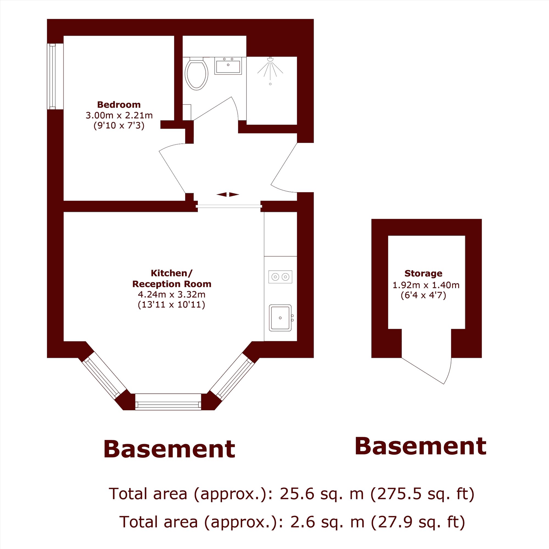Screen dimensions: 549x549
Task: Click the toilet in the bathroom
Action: (x=196, y=74)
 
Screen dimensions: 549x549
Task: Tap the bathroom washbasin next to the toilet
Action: (x=228, y=66)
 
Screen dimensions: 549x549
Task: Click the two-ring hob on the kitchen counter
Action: (x=280, y=276)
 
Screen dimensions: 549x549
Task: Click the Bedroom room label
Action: (x=119, y=105)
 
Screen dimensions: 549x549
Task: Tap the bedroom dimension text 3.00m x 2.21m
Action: (x=119, y=115)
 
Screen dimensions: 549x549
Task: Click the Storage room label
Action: (x=423, y=273)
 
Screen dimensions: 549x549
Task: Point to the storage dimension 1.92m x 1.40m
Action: (x=426, y=285)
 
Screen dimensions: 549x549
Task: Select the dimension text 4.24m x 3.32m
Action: (x=172, y=294)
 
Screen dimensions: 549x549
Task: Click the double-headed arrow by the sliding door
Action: (x=228, y=195)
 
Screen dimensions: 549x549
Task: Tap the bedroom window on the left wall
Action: (x=52, y=76)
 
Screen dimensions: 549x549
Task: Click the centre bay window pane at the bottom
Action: (x=168, y=402)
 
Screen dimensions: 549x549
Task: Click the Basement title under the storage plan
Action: (x=421, y=446)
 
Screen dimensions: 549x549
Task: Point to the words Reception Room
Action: (x=172, y=284)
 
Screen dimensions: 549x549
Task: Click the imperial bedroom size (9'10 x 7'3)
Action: (x=119, y=125)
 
